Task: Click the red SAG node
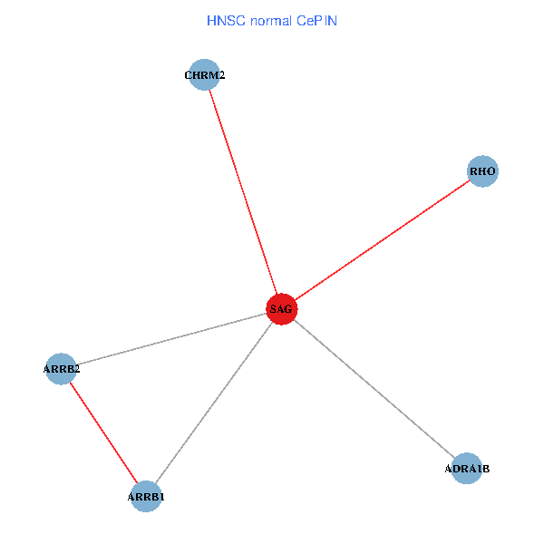[281, 309]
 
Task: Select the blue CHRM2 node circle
[204, 75]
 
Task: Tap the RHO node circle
[482, 170]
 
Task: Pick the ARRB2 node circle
[61, 369]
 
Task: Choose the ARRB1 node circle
[146, 497]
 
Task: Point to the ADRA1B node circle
[467, 468]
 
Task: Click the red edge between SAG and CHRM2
[243, 192]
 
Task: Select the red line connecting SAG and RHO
[382, 240]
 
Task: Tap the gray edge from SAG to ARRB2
[170, 339]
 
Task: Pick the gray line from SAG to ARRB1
[213, 403]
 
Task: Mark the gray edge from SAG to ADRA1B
[374, 388]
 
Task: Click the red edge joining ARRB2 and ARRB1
[103, 433]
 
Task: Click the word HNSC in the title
[225, 19]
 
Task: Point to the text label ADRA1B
[467, 469]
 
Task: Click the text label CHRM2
[204, 75]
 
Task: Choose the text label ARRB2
[62, 369]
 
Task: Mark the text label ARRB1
[146, 497]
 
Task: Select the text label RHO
[482, 170]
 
